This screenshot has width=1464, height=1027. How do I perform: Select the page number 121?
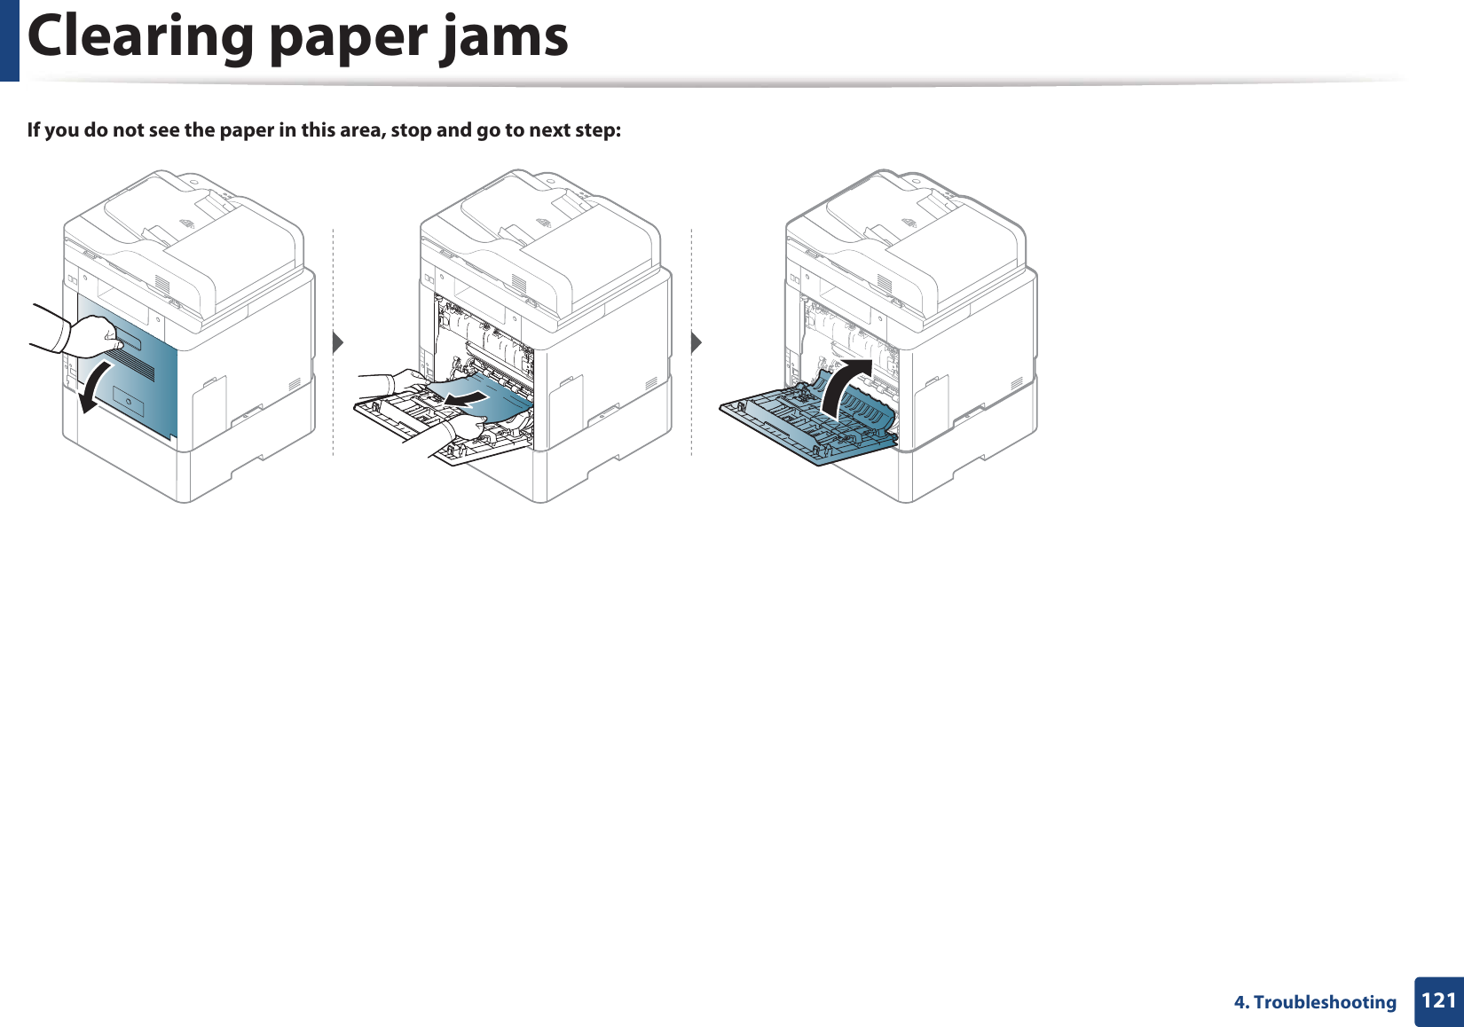(x=1438, y=1001)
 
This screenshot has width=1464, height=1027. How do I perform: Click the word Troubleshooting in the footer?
(x=1325, y=1002)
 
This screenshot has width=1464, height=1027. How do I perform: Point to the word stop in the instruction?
(x=411, y=130)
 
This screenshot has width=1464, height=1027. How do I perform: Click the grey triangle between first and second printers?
(x=337, y=341)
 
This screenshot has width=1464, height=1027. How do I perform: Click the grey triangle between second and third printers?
(x=697, y=341)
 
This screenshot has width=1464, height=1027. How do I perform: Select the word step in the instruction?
(x=595, y=130)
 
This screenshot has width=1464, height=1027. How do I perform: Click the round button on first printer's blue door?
(x=130, y=404)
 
